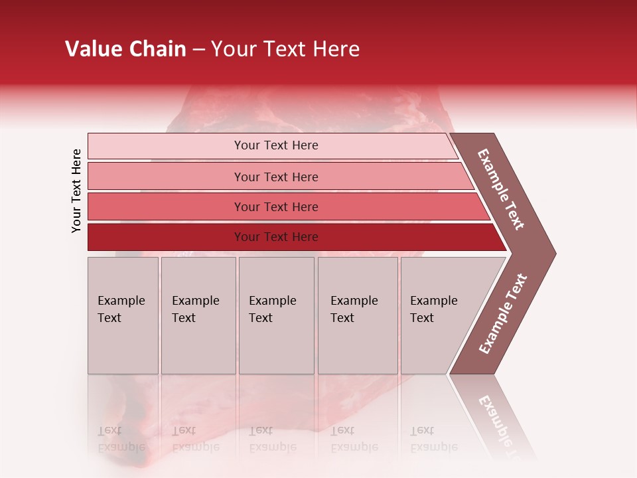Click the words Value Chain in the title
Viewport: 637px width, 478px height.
point(125,49)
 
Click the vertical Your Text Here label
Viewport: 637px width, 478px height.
point(76,191)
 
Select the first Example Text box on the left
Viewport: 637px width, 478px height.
point(123,315)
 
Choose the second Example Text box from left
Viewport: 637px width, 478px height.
point(198,315)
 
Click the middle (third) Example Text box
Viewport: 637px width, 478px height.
point(275,315)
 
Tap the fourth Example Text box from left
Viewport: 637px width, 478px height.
point(357,315)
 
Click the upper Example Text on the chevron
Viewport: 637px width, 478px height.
point(502,189)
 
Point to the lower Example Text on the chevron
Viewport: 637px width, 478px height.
point(503,313)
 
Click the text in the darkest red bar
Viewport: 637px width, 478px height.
point(276,237)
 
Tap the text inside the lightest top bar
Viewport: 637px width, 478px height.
point(276,145)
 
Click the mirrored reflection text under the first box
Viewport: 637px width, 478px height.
point(121,439)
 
